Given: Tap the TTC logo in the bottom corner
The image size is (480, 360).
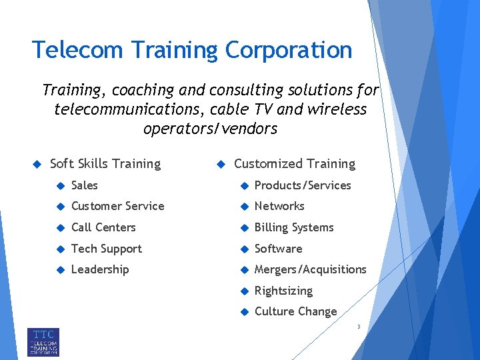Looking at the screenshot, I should [43, 341].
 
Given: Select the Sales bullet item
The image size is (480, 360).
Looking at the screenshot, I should [85, 185].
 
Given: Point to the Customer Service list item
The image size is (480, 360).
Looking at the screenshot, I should [117, 206].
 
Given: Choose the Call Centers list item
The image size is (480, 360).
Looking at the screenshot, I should [103, 227].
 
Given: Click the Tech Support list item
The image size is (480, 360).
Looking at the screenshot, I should [107, 249].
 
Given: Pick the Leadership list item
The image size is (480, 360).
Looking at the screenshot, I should [100, 269].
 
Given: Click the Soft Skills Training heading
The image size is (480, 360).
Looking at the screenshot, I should [105, 164].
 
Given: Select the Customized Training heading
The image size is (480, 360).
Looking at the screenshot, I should [295, 164].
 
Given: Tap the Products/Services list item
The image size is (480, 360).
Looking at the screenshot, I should [303, 185].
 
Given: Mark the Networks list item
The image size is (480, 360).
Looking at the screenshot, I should [279, 206].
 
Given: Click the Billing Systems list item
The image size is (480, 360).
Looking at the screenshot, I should [294, 227].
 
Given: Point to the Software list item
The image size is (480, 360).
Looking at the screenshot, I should [279, 249].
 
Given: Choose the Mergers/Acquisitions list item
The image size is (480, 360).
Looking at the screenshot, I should [311, 269].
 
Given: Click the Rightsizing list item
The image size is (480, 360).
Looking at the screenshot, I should [283, 291].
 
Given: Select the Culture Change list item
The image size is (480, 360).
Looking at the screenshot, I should [296, 311].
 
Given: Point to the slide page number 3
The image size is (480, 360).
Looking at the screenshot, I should [359, 327].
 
